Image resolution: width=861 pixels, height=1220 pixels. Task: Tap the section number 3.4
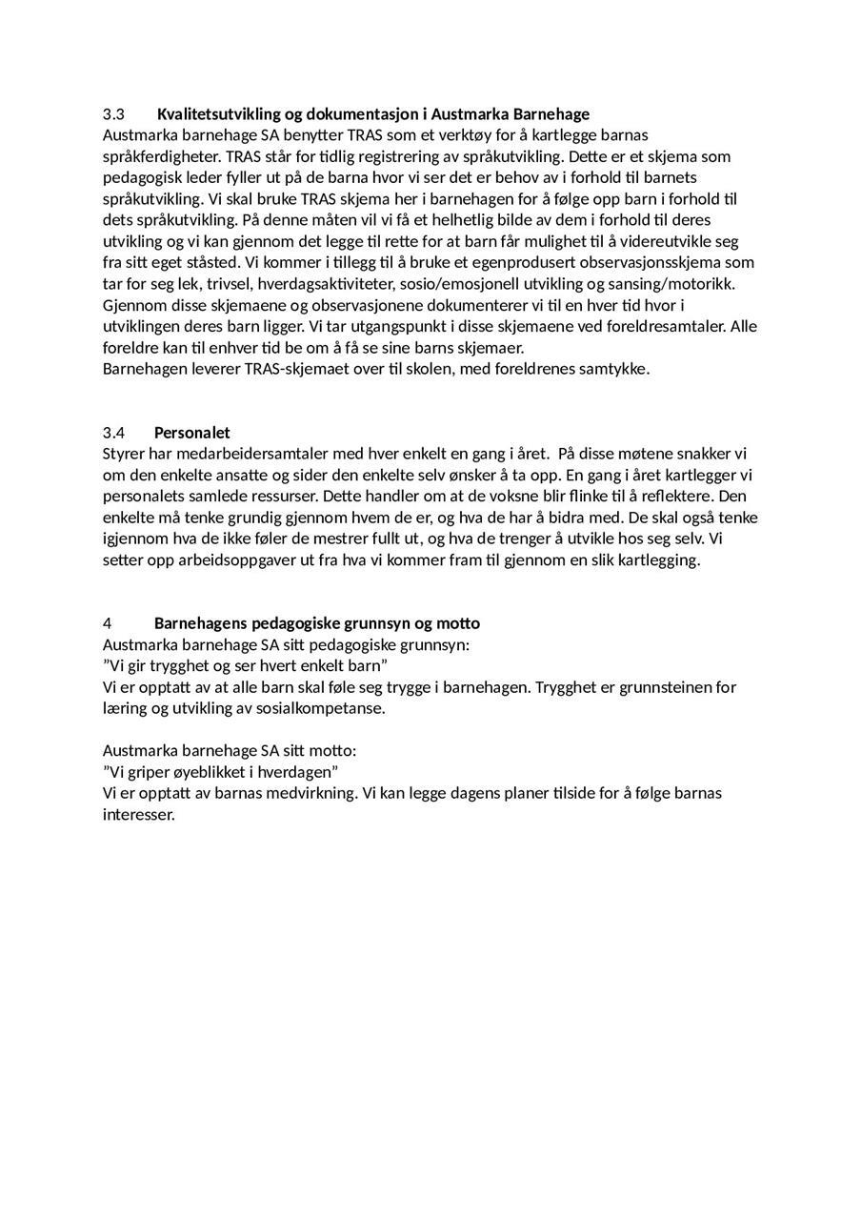[114, 433]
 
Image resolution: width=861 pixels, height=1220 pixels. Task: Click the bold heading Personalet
[191, 433]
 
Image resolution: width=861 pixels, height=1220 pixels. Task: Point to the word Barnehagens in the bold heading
[201, 623]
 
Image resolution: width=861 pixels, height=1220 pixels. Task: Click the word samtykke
[613, 369]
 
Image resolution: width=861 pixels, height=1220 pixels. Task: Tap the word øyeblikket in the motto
[210, 771]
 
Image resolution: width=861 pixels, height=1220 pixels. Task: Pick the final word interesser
[138, 815]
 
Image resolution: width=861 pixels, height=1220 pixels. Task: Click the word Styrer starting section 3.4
[124, 454]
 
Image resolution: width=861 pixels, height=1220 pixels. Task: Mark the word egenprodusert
[504, 263]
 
